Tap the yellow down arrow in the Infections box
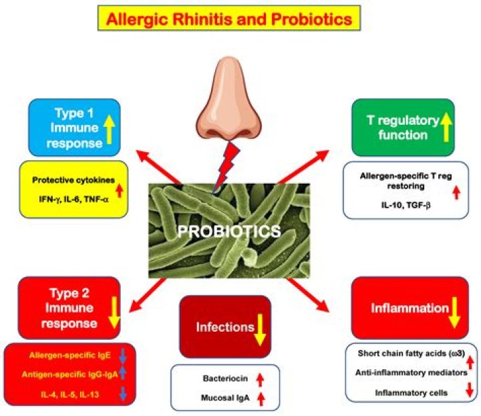point(259,328)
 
